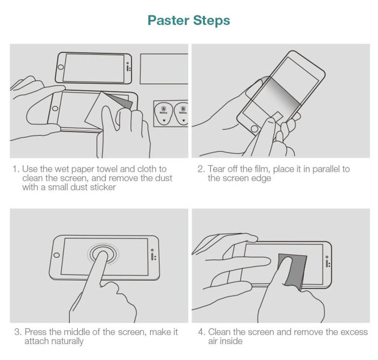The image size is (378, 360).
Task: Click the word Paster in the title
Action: click(168, 20)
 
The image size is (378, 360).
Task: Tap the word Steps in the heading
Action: click(212, 21)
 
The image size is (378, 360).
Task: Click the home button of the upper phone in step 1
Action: click(61, 67)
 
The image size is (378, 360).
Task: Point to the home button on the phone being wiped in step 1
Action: click(55, 108)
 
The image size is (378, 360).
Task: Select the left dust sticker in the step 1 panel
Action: click(164, 114)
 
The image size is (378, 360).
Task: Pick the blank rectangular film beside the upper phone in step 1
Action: click(164, 69)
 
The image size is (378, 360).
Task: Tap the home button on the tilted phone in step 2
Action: click(254, 129)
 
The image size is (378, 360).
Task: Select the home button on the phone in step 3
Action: click(57, 255)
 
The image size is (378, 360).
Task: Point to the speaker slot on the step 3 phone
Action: click(152, 257)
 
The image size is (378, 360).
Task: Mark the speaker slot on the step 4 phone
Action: click(327, 263)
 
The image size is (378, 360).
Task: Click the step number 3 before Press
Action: click(18, 332)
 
